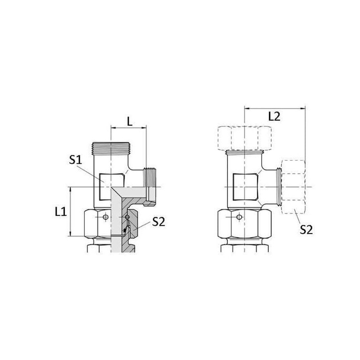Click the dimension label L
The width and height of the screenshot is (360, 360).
[130, 121]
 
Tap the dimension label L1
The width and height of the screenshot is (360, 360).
[61, 211]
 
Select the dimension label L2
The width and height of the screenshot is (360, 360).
[274, 117]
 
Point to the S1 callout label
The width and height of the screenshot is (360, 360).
[76, 160]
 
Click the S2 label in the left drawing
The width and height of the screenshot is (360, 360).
[159, 222]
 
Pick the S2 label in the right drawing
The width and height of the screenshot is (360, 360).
[306, 229]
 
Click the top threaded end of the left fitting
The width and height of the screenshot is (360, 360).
[111, 148]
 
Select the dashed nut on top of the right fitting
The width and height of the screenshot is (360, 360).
[244, 138]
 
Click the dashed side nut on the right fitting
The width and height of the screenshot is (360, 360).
[293, 187]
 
